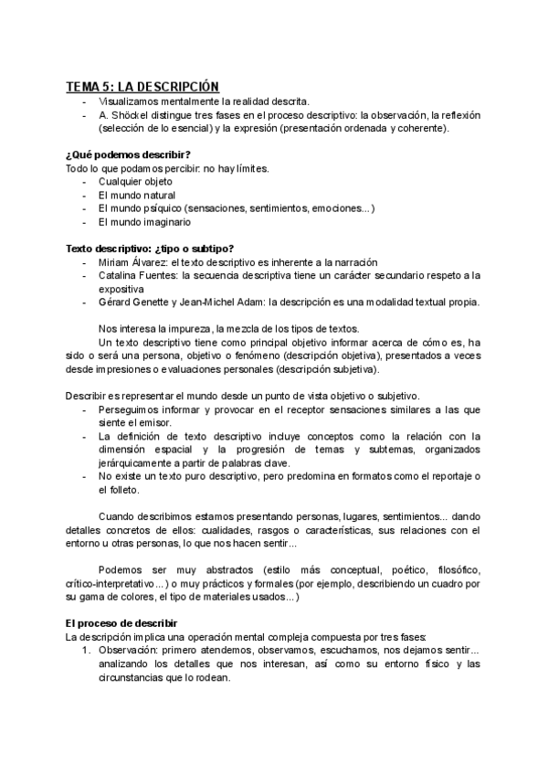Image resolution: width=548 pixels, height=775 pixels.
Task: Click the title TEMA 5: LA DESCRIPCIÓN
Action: pyautogui.click(x=142, y=86)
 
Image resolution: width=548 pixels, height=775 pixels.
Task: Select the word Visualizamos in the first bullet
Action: pyautogui.click(x=131, y=101)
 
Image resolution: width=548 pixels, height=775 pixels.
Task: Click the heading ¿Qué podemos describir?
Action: pyautogui.click(x=128, y=154)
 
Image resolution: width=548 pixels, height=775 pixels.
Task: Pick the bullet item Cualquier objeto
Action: pyautogui.click(x=134, y=181)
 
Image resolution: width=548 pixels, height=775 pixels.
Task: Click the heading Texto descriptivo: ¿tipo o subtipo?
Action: pyautogui.click(x=150, y=248)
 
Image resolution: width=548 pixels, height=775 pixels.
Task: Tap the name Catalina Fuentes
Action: pyautogui.click(x=139, y=274)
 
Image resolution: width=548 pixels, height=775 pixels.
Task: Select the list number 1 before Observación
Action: pyautogui.click(x=86, y=650)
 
